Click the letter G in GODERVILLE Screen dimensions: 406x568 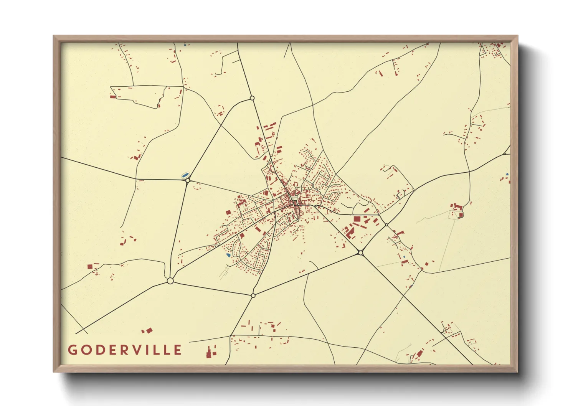click(72, 350)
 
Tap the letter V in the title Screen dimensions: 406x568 click(140, 350)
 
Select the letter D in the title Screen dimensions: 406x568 click(99, 350)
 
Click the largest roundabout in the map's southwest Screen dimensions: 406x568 click(170, 281)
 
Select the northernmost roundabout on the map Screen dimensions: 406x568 click(252, 98)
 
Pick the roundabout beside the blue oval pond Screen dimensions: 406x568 click(188, 180)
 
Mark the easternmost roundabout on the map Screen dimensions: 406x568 click(386, 225)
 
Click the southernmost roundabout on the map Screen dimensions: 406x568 click(253, 295)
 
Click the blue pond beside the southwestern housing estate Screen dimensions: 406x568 click(228, 255)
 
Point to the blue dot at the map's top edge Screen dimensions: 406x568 click(185, 45)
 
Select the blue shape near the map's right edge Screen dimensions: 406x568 click(507, 175)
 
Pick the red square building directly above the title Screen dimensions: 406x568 click(90, 266)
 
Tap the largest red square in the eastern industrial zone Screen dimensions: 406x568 click(357, 219)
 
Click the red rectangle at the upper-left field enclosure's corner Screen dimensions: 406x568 click(113, 97)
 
